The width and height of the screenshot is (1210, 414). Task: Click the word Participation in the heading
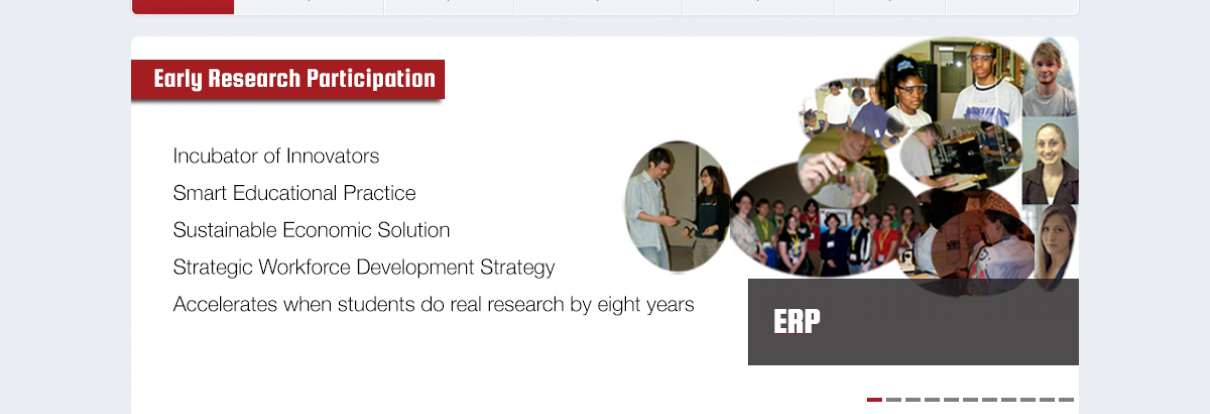coord(371,79)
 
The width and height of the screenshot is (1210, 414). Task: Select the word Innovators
coord(332,156)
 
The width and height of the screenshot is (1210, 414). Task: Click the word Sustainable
coord(225,230)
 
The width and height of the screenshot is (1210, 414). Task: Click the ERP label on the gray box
coord(796,321)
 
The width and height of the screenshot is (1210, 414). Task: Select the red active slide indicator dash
coord(874,400)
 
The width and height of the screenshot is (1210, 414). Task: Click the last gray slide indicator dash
coord(1066,400)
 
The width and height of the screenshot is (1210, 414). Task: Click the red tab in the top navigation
coord(183,7)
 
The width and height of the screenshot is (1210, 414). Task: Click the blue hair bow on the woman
coord(905,65)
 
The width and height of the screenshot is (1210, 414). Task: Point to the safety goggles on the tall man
coord(981,56)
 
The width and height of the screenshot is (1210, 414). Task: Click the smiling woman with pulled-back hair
coord(1050,160)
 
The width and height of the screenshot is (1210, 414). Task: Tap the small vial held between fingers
coord(842,175)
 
